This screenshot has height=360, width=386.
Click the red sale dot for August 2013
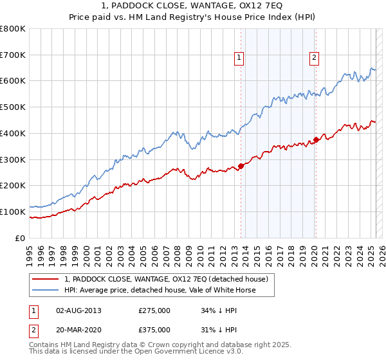[x=241, y=166]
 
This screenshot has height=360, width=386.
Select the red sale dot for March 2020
[x=316, y=139]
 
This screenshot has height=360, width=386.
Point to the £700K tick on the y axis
[x=14, y=55]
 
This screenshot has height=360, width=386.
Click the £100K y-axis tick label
[x=14, y=212]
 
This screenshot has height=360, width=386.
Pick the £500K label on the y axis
[x=14, y=107]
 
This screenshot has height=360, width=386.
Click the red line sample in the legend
[x=46, y=279]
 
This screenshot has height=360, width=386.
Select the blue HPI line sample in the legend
[x=46, y=290]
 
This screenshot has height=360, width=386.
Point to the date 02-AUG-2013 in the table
[x=79, y=310]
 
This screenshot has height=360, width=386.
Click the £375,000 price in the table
[x=154, y=329]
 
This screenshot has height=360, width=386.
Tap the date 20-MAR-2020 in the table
[x=79, y=329]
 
